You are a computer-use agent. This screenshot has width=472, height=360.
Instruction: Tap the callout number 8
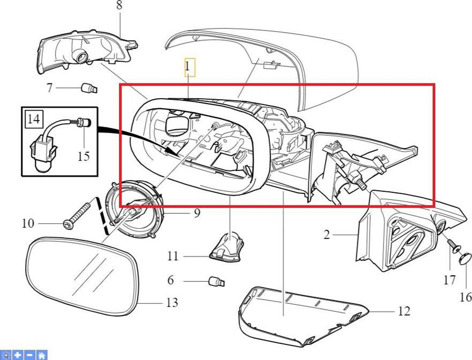click(119, 6)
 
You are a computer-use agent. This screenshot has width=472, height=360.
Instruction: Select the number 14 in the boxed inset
click(33, 120)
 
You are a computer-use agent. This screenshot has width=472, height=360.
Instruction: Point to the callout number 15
click(83, 156)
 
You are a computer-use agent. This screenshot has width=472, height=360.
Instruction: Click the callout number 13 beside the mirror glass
click(171, 303)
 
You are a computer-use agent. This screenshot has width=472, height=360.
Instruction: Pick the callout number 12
click(404, 312)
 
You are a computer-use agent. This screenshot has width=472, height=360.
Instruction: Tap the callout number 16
click(466, 296)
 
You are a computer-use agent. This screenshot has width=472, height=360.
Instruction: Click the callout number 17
click(449, 280)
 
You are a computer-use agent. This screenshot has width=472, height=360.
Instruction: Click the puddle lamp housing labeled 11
click(227, 247)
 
